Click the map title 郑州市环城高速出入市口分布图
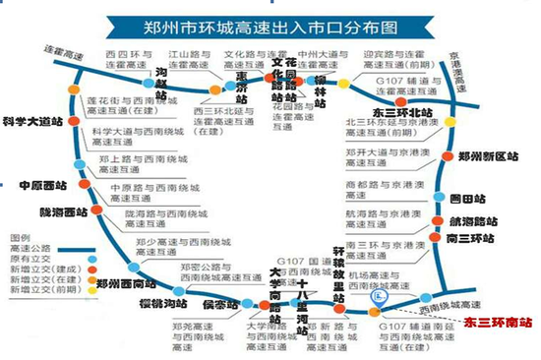(270, 20)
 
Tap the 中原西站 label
(43, 185)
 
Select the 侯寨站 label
(220, 306)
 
